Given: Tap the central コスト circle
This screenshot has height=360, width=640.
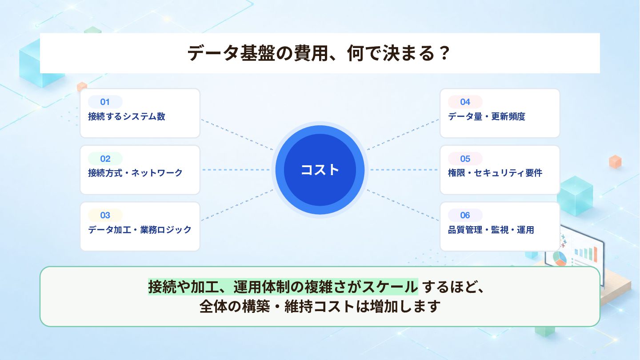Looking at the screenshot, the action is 320,170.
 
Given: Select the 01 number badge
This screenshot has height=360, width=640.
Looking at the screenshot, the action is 105,102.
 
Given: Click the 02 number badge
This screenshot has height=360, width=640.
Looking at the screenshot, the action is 105,159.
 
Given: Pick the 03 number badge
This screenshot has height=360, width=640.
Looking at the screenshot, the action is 105,215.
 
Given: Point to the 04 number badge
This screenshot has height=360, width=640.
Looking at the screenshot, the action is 465,102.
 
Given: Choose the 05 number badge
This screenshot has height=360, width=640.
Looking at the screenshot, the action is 465,159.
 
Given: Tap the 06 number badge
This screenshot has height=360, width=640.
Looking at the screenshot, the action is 465,215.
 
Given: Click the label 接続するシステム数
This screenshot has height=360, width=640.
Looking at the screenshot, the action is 127,116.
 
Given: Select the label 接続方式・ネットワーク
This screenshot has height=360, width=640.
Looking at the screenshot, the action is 135,173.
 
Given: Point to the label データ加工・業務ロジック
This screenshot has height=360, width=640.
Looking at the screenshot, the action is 140,230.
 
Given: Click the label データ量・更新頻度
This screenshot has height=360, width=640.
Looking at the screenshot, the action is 487,116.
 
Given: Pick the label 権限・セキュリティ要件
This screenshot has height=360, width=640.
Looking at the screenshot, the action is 495,173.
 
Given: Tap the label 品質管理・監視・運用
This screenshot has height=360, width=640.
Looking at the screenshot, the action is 491,230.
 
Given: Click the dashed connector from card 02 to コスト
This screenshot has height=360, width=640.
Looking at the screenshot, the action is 236,170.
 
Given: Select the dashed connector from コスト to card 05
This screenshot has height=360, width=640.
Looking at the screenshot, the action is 404,170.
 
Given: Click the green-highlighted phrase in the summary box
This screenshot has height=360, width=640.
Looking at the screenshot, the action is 283,287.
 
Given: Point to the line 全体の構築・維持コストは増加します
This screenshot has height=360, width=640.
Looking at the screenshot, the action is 320,306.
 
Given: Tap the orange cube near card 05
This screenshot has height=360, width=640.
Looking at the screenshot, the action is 615,162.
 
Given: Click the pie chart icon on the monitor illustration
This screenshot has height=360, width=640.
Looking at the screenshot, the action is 560,258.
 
